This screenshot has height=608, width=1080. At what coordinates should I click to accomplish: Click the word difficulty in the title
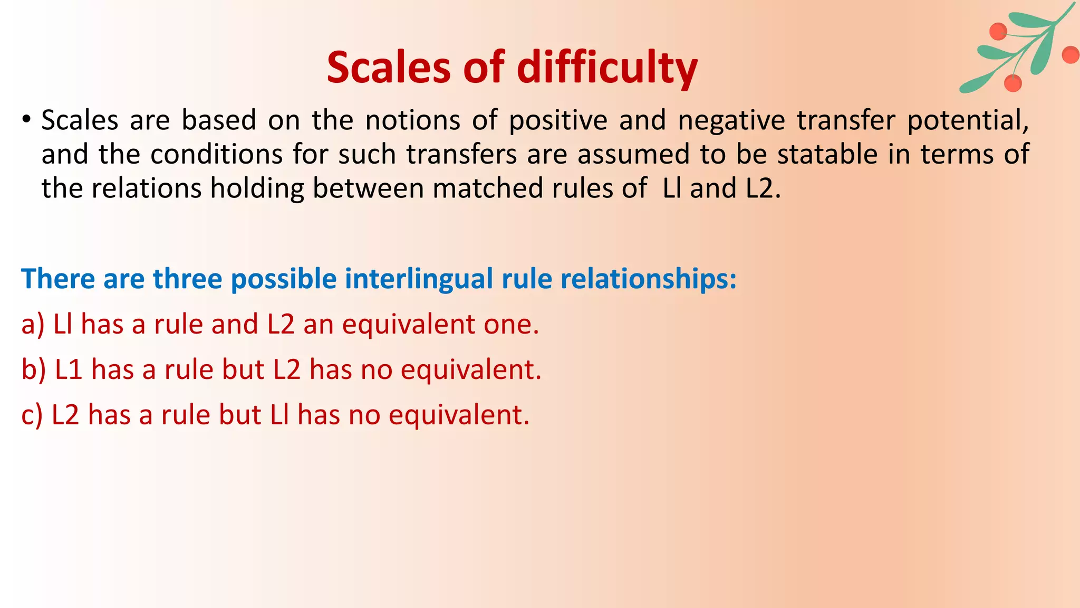(x=607, y=69)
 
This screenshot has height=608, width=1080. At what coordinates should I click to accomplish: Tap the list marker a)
(x=32, y=324)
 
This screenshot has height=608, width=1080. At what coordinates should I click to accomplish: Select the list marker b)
(x=33, y=369)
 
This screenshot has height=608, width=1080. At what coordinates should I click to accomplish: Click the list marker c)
(x=32, y=415)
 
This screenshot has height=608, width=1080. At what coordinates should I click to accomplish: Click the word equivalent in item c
(x=458, y=415)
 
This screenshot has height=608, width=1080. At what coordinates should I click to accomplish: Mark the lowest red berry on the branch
(x=1012, y=83)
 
